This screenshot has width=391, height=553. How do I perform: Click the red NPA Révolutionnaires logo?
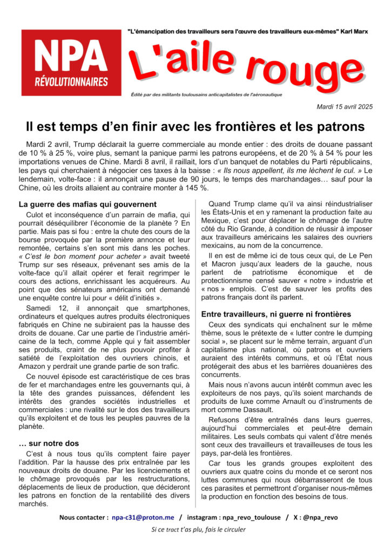71,63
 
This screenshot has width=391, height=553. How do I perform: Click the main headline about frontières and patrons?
195,127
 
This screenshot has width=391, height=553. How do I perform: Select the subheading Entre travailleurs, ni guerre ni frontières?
276,314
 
